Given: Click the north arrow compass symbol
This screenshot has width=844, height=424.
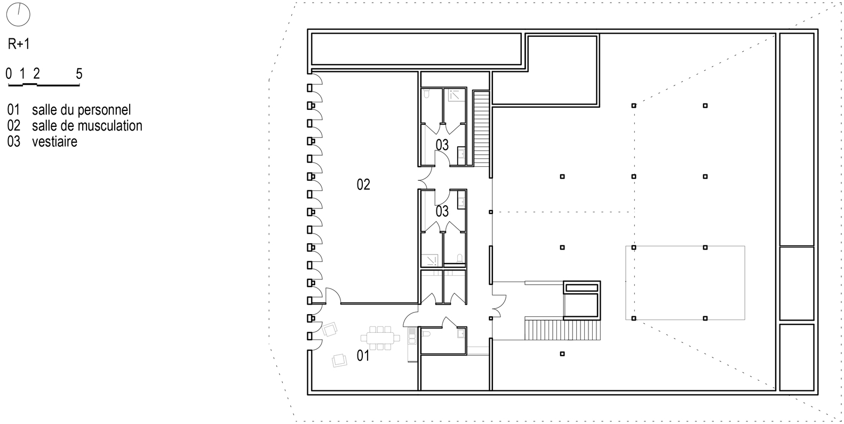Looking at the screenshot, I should point(18,15).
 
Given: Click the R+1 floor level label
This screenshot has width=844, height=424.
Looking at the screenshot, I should point(19,44).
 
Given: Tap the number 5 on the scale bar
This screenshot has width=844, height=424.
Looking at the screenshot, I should point(79,74).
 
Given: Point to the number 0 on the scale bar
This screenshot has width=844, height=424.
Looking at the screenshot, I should point(9,74).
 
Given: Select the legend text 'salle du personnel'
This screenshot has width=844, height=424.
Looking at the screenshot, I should point(81,110).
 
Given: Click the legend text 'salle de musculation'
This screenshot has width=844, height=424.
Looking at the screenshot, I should point(87,126).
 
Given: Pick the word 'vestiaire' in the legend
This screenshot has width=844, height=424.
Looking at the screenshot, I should point(54,142).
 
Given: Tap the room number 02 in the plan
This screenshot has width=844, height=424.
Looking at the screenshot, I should point(363,185).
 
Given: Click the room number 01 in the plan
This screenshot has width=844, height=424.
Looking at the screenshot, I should point(363,356).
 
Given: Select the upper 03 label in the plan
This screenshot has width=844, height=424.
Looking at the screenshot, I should point(442,145).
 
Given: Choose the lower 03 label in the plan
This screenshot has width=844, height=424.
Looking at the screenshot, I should point(442,211).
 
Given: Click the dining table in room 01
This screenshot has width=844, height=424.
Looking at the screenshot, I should point(380,338).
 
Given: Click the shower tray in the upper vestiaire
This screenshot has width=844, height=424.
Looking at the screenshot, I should point(455,95).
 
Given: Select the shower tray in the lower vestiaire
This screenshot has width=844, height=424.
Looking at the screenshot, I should point(430,260).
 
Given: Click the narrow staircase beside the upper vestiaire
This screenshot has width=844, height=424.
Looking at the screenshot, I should point(481,128).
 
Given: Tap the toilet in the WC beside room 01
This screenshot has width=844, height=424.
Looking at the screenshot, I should point(427,334).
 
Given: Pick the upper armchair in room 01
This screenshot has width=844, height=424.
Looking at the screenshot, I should point(330,329).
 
